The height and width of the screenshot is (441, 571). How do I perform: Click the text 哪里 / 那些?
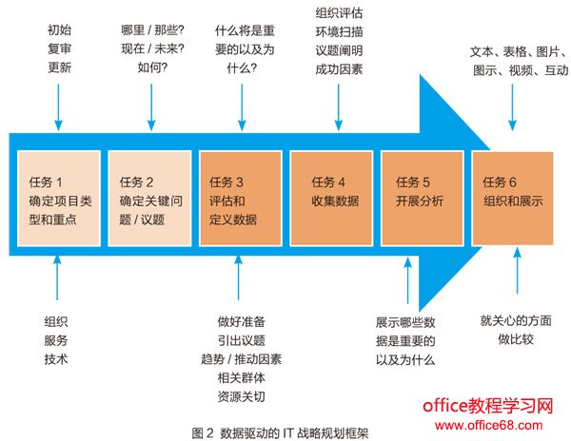(152, 29)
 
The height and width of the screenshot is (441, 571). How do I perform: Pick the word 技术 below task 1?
(56, 359)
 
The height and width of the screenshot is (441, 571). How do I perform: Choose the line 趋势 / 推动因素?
(242, 361)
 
